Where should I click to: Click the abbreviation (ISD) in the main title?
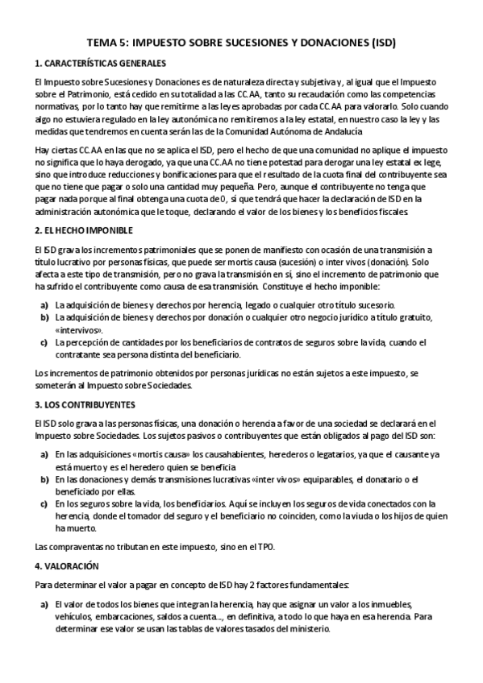tap(379, 41)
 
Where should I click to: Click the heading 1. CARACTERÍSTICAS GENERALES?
tap(101, 63)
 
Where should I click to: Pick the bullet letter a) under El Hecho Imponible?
tap(44, 305)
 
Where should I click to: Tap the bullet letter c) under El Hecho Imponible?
tap(44, 342)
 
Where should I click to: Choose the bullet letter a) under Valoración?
tap(44, 604)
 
